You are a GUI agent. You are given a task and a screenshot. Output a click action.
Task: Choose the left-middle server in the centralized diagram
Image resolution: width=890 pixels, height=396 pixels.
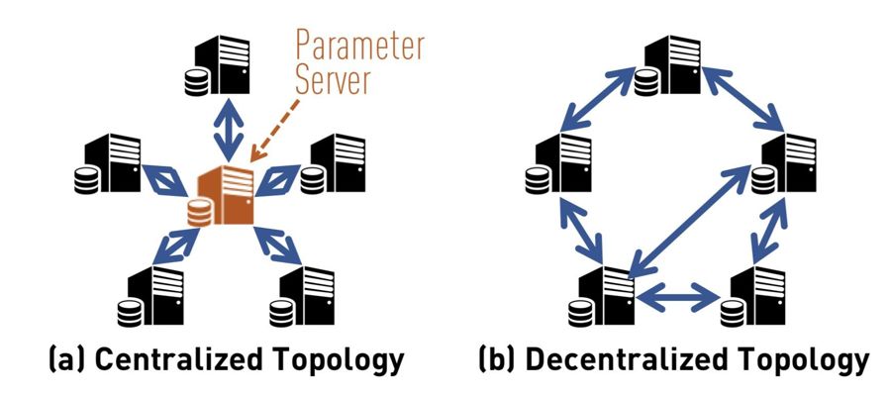(112, 164)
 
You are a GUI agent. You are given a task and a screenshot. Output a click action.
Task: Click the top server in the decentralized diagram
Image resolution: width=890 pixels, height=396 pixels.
(669, 61)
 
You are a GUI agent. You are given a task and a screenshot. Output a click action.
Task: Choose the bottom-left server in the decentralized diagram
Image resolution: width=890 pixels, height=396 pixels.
(604, 293)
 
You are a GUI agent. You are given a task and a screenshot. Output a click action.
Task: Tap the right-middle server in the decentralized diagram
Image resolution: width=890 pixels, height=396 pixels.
(786, 164)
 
